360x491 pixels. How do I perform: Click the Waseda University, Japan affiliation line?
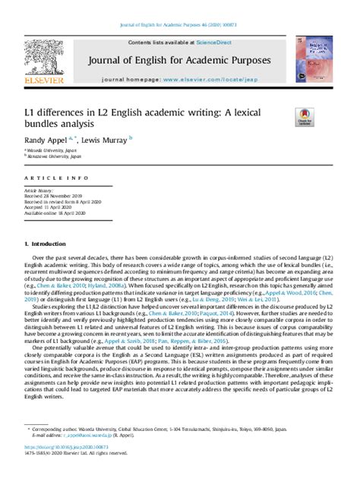[x=50, y=150]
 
